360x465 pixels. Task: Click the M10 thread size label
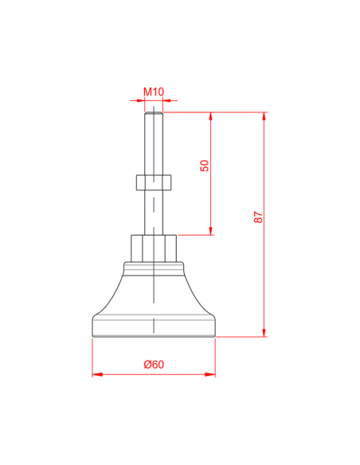[x=154, y=92]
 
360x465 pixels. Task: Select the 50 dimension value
[x=204, y=166]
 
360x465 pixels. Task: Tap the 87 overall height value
[x=257, y=217]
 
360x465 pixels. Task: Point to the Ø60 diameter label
[x=154, y=364]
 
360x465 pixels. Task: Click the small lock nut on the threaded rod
[x=154, y=183]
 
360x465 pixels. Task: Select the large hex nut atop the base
[x=154, y=248]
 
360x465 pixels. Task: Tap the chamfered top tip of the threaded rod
[x=154, y=114]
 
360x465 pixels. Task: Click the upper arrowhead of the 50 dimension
[x=211, y=117]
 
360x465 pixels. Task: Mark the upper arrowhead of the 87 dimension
[x=264, y=117]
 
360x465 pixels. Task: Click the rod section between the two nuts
[x=154, y=213]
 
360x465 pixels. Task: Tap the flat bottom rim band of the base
[x=154, y=326]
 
